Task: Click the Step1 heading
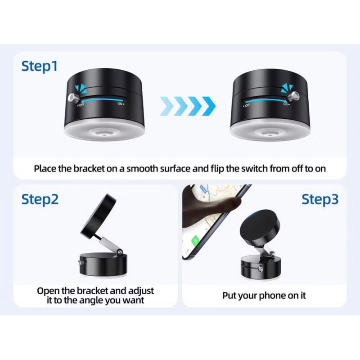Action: click(x=39, y=66)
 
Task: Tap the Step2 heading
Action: click(x=40, y=199)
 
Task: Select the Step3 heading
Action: click(x=320, y=199)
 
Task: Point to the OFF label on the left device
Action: click(x=81, y=105)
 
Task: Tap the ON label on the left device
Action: click(x=121, y=104)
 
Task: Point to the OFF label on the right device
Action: click(x=247, y=106)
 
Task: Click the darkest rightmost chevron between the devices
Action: click(x=209, y=106)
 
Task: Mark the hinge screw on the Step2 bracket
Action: click(x=120, y=252)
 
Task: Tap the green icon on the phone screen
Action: click(x=195, y=241)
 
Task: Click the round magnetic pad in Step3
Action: click(x=260, y=229)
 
